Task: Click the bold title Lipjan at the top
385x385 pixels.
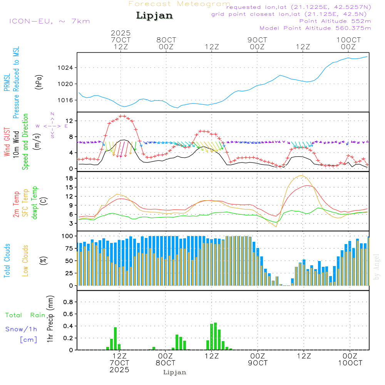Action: [x=154, y=15]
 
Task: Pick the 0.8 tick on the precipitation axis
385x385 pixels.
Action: [x=68, y=302]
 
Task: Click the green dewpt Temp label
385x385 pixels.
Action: [x=35, y=203]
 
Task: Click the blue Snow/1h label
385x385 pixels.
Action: [x=22, y=329]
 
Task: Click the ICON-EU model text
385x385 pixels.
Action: [x=49, y=21]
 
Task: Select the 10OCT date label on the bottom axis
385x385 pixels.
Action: [x=350, y=363]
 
